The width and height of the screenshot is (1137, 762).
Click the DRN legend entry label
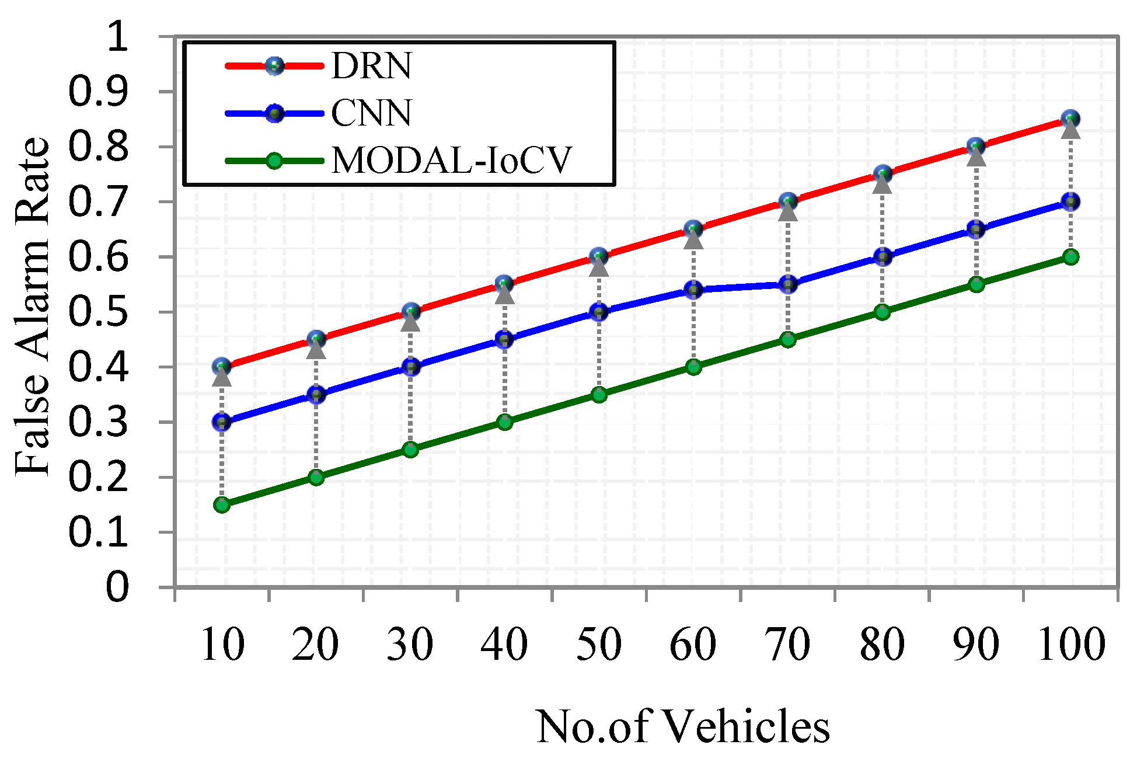[x=371, y=65]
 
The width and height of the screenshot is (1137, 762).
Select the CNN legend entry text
[x=371, y=113]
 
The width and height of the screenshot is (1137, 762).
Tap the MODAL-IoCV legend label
[x=451, y=161]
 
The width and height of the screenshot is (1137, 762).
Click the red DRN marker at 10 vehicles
[x=222, y=367]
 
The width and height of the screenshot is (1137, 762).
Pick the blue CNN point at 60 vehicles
[x=693, y=290]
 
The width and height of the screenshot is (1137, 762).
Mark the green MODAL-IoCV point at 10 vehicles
[x=222, y=504]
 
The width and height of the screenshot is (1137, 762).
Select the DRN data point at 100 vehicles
[x=1070, y=119]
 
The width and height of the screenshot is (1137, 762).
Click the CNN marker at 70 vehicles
[x=788, y=285]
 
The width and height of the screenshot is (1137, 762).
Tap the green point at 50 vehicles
[x=599, y=395]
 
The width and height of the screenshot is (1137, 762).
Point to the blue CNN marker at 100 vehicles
[x=1070, y=202]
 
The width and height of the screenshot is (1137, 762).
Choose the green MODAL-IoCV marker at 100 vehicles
[x=1070, y=257]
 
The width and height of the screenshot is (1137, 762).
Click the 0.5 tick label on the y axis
[x=98, y=312]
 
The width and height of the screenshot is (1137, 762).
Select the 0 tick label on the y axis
[x=117, y=587]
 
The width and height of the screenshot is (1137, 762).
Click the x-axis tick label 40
[x=504, y=645]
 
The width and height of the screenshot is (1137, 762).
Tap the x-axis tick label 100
[x=1072, y=645]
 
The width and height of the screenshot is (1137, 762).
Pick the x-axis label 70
[x=787, y=645]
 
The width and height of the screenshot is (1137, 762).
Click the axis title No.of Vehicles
[x=682, y=727]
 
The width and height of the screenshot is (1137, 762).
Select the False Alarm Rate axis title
[x=33, y=307]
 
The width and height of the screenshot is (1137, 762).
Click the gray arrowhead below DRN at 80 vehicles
[x=883, y=185]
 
